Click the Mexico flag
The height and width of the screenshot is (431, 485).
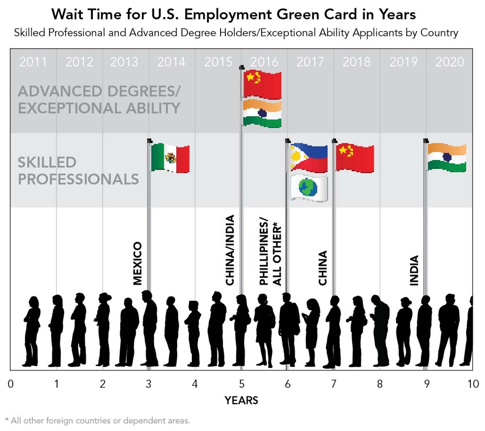(x=170, y=158)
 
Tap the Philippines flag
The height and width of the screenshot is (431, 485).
(x=309, y=158)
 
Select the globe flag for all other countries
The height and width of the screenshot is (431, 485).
(x=309, y=188)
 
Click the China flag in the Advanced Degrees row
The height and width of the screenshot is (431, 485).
(x=262, y=84)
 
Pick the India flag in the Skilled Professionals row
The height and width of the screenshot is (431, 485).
(x=447, y=158)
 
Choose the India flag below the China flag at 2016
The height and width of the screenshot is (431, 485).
(x=262, y=114)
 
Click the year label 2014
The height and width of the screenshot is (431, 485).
(x=171, y=62)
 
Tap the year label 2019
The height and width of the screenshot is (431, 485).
(x=403, y=62)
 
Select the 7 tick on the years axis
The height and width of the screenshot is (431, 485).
(x=334, y=384)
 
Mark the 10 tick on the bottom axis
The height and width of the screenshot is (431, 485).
(x=473, y=384)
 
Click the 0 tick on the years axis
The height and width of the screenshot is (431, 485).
(x=10, y=384)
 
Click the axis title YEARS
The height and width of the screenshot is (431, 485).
(x=241, y=400)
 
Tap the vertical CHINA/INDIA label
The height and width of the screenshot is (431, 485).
(x=230, y=250)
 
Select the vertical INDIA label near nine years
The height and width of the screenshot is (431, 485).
(x=414, y=270)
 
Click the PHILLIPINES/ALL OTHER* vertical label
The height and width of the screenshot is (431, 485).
(x=270, y=251)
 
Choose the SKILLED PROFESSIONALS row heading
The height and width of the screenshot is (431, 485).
(x=78, y=171)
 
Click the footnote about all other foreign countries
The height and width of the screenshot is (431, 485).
(x=98, y=421)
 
